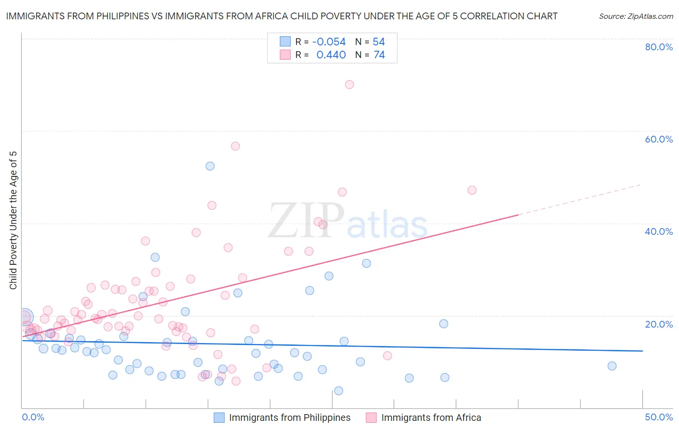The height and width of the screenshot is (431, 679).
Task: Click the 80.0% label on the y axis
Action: [x=659, y=47]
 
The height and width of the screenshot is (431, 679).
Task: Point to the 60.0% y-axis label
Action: [x=659, y=139]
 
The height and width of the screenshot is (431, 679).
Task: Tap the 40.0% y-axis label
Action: [x=659, y=231]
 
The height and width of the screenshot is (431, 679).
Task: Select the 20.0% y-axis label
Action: [x=659, y=324]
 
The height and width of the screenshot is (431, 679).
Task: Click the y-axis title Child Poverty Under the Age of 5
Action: [x=13, y=220]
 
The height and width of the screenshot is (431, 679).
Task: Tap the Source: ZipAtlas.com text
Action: [x=636, y=16]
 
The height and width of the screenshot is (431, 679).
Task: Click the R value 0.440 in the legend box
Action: [x=331, y=55]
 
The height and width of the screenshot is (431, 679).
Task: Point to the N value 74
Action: [x=379, y=55]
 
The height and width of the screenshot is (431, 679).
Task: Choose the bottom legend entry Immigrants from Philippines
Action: [x=289, y=417]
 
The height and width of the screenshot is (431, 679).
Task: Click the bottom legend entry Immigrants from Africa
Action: [x=431, y=417]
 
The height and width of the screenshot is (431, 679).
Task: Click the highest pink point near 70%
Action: [x=349, y=85]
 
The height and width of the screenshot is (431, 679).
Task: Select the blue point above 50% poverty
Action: [x=210, y=166]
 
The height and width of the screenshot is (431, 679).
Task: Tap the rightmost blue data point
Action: [x=612, y=366]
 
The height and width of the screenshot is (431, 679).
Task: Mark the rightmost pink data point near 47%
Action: [x=472, y=190]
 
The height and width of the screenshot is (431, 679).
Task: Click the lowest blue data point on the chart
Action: [x=339, y=391]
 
